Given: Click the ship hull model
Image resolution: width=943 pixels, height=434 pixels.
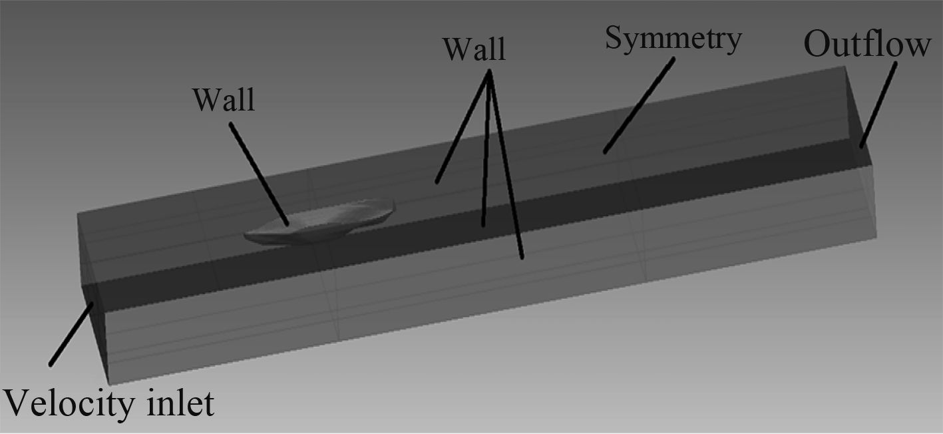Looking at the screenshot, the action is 319,222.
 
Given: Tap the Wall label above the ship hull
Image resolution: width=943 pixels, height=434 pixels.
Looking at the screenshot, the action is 224,100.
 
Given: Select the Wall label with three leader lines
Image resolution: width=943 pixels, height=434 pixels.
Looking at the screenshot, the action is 474,49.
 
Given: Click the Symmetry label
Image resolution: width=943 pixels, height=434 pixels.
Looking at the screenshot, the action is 673,39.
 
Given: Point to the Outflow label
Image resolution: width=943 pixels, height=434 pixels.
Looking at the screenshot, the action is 867,45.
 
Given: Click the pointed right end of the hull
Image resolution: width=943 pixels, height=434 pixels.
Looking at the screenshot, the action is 394,202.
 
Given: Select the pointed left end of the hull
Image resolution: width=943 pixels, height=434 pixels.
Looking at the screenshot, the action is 246,236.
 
